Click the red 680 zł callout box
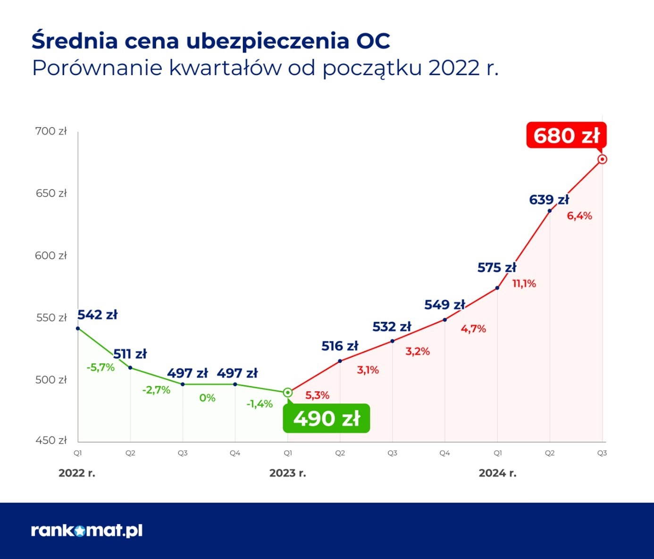click(x=566, y=136)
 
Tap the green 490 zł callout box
click(x=327, y=419)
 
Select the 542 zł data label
click(x=97, y=315)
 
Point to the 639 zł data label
click(x=549, y=200)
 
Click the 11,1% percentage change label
click(x=524, y=284)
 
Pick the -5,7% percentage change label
click(x=101, y=367)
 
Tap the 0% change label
click(x=207, y=398)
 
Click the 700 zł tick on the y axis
click(x=51, y=131)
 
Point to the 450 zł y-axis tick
click(x=51, y=440)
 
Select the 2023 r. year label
click(x=287, y=473)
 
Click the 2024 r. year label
click(x=497, y=473)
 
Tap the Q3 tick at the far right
click(x=602, y=453)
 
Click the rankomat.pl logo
click(x=87, y=531)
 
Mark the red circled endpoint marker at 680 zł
click(x=602, y=159)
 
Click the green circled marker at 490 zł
click(x=288, y=393)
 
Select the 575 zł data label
click(x=497, y=268)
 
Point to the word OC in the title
click(x=373, y=41)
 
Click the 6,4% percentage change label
click(x=579, y=216)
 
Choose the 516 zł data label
click(x=340, y=346)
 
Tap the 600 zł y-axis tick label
click(x=51, y=256)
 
